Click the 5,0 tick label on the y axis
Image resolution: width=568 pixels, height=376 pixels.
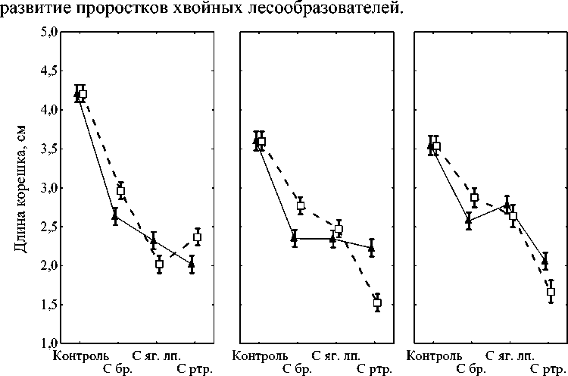[48, 32]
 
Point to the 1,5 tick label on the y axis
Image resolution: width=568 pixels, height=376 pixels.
[48, 305]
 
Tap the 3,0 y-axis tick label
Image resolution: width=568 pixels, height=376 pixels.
[48, 188]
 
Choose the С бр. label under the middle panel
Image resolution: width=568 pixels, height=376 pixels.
[298, 369]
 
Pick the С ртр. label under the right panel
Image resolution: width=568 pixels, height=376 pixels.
[546, 369]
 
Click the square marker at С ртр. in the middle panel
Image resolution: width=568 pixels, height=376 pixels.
[377, 302]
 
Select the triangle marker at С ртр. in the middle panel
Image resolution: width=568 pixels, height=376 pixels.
[371, 247]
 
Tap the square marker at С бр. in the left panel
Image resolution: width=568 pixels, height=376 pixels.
[120, 192]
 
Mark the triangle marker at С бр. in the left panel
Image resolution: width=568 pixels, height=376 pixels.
[115, 216]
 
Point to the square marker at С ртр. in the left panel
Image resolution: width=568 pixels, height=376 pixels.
[197, 237]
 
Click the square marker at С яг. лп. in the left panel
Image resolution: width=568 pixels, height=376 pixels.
[159, 264]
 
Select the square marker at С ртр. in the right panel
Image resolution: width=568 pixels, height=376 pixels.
[551, 292]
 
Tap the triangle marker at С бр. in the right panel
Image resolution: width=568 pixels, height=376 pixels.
[469, 220]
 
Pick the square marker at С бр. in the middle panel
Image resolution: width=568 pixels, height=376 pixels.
[301, 205]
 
